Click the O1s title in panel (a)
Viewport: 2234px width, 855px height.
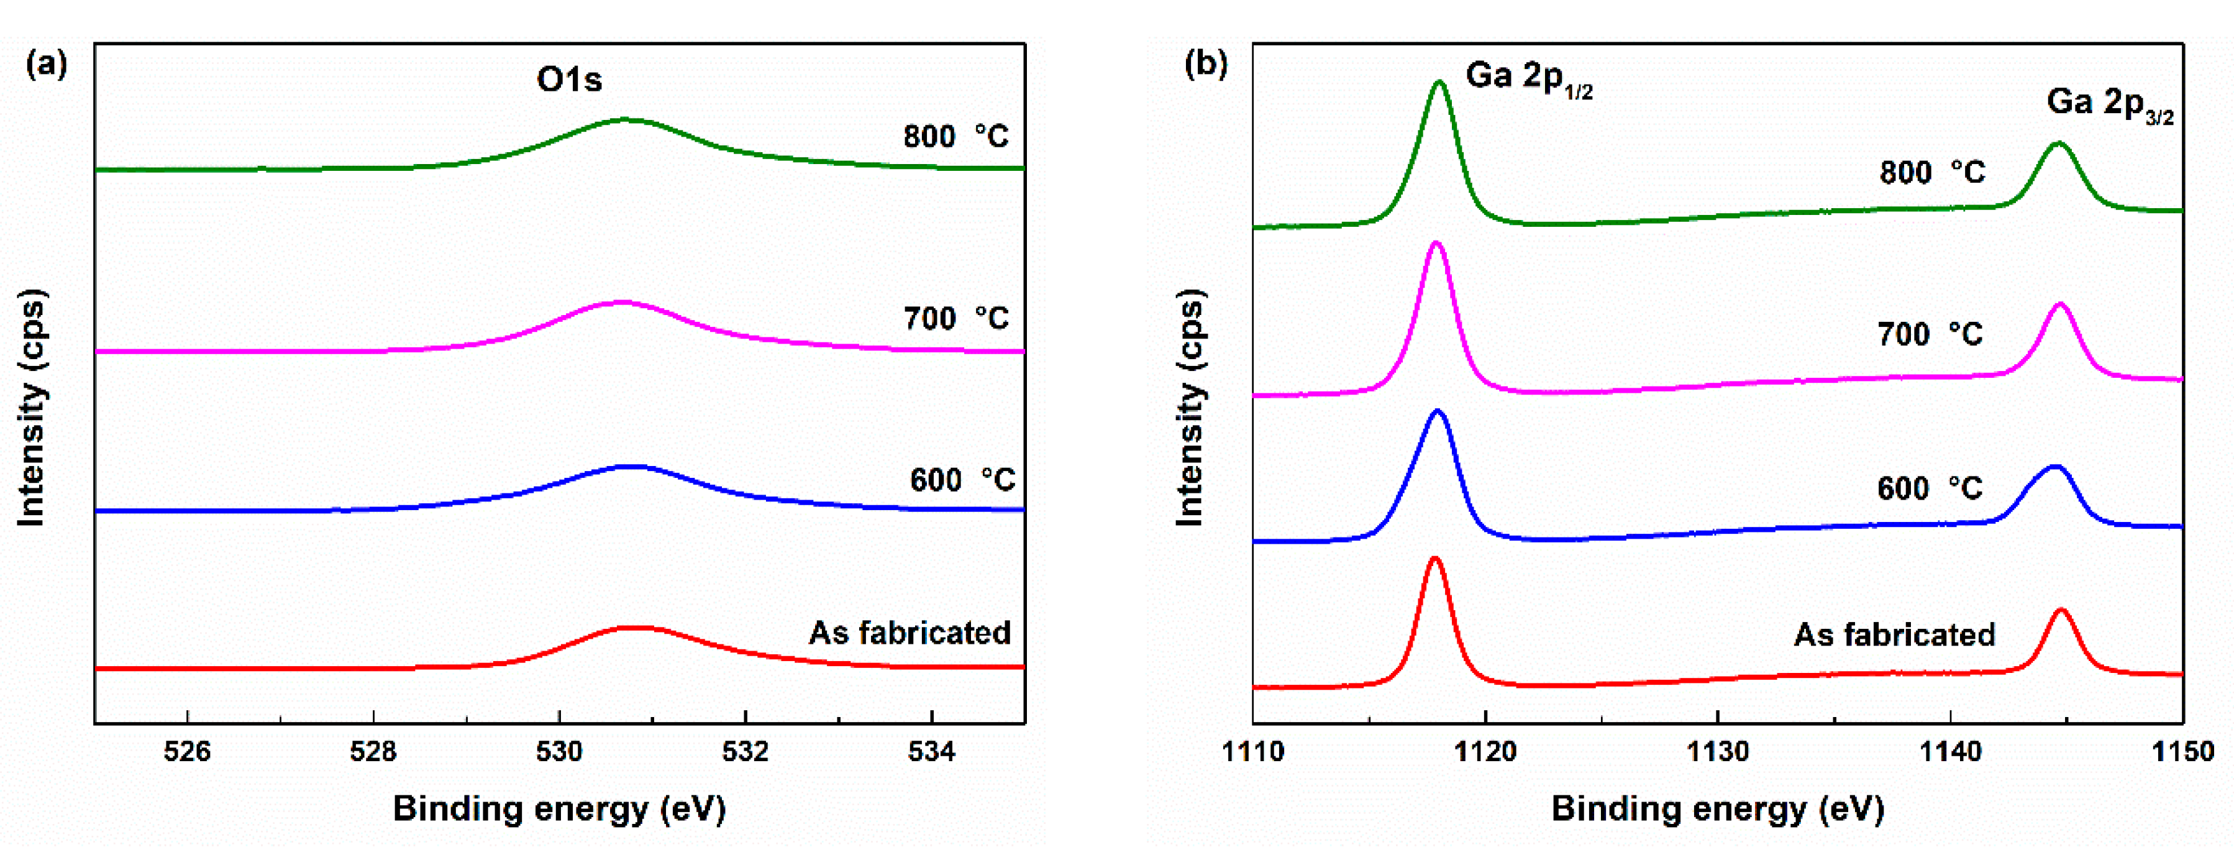pyautogui.click(x=569, y=80)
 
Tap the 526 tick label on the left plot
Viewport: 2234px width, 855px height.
pyautogui.click(x=188, y=751)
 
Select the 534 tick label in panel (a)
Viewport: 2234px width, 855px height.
pyautogui.click(x=931, y=751)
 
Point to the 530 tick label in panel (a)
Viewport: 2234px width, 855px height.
pyautogui.click(x=559, y=751)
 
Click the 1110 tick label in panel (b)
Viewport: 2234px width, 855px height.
pyautogui.click(x=1252, y=751)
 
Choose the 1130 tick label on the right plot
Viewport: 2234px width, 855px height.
pyautogui.click(x=1717, y=751)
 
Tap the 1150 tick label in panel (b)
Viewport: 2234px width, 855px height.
pyautogui.click(x=2182, y=751)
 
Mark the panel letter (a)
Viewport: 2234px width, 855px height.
pyautogui.click(x=47, y=64)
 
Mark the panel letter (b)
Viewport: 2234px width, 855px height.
pyautogui.click(x=1205, y=64)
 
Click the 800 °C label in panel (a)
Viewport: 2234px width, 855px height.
pyautogui.click(x=955, y=136)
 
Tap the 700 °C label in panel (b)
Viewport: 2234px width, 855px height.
pyautogui.click(x=1930, y=334)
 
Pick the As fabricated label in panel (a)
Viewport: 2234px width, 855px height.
pyautogui.click(x=909, y=632)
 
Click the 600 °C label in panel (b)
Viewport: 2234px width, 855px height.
pyautogui.click(x=1930, y=488)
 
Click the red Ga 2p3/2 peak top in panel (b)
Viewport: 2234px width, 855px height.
pyautogui.click(x=2061, y=610)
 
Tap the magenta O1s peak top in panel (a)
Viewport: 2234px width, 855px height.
pyautogui.click(x=622, y=303)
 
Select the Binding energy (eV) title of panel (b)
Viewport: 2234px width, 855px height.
pyautogui.click(x=1717, y=808)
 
